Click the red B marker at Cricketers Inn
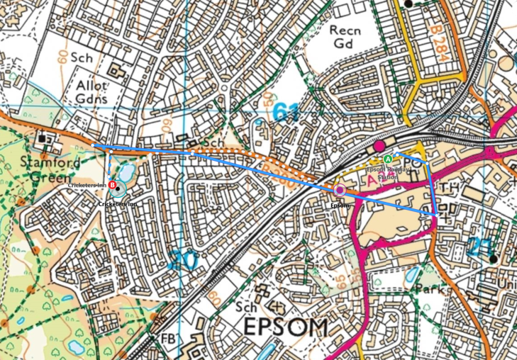point(113,185)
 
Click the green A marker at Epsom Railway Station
point(387,159)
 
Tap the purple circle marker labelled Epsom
point(340,190)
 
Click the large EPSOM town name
point(287,328)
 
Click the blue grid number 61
point(285,112)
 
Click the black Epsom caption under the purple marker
point(340,206)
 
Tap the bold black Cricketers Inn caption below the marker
point(118,203)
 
